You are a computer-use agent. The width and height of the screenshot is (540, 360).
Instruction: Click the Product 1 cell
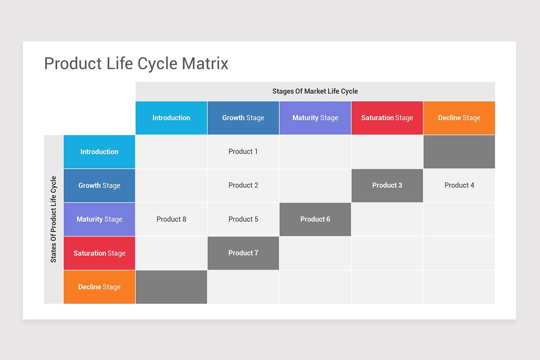243,152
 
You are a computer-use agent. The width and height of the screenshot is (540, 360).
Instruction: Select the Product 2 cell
243,185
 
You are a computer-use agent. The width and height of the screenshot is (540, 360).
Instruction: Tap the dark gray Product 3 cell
387,185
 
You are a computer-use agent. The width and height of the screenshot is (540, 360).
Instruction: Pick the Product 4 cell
459,185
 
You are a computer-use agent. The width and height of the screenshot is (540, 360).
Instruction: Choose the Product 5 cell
243,219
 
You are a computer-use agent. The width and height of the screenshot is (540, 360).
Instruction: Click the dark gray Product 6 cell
315,219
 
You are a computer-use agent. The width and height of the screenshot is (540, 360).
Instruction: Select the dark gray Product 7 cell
243,253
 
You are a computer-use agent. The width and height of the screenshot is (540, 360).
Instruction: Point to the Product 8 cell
171,219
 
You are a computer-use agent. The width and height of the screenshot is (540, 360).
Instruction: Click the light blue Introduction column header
171,118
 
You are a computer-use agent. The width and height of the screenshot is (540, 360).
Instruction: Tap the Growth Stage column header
243,118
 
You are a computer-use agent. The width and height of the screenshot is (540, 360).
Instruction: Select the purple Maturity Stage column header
315,118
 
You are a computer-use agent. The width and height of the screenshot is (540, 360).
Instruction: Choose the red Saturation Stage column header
387,118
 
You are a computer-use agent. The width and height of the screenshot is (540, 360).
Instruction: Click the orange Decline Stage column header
459,118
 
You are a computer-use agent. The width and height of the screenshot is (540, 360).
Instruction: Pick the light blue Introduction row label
99,152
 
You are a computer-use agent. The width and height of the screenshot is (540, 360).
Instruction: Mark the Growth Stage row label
99,185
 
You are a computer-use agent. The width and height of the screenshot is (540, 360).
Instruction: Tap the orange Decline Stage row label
99,287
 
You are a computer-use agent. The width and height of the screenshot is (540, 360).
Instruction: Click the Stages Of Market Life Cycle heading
315,91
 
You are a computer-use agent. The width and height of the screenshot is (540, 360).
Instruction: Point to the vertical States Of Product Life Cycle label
54,219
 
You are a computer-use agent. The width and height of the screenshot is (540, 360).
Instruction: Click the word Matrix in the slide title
205,63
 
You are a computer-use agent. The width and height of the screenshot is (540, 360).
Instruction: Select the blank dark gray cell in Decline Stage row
171,287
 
